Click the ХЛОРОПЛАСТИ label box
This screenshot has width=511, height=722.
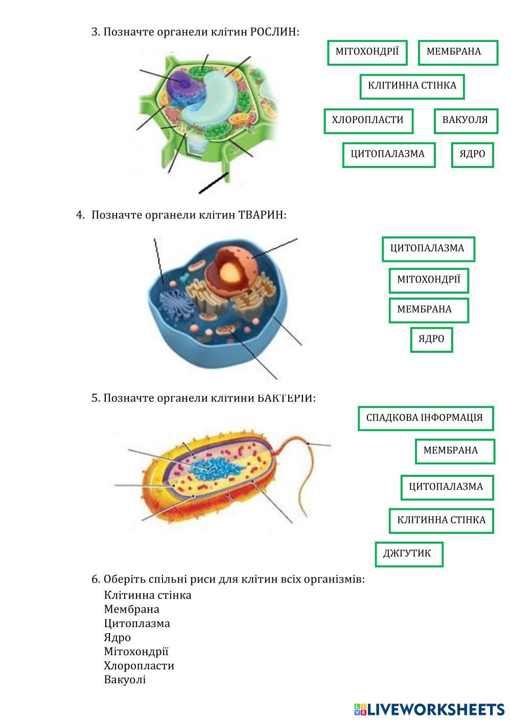coord(368,121)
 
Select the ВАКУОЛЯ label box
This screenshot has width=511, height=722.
coord(466,121)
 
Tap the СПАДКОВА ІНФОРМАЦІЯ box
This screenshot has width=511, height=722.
coord(426,418)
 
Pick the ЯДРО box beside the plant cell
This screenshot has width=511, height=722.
coord(472,155)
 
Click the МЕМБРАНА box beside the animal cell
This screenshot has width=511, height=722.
coord(429,310)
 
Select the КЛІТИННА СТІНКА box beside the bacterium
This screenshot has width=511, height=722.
coord(442,521)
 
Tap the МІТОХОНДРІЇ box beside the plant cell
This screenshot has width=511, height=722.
coord(367,53)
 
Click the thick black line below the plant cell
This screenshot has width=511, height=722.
coord(214,183)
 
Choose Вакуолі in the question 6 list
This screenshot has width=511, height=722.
coord(125,680)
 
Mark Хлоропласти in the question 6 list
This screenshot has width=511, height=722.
coord(139,666)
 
